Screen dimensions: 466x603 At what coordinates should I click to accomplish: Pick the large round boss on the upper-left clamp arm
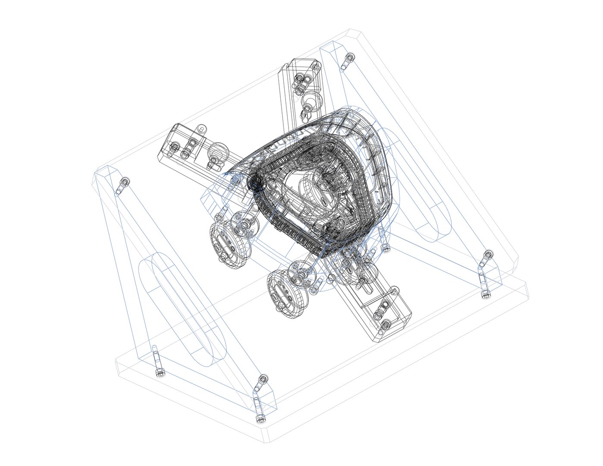[217, 153]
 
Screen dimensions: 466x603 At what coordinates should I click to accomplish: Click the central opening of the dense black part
[311, 190]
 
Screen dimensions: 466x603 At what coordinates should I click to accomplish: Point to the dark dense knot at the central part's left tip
[254, 182]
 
